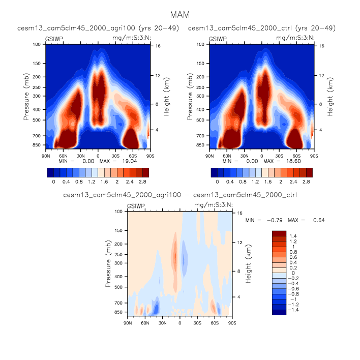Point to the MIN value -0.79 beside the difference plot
point(282,220)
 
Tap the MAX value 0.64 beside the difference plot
point(318,220)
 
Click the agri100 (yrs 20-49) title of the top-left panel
point(98,27)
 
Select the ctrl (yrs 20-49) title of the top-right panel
point(262,27)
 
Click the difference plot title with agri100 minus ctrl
point(179,194)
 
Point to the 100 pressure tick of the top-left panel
point(37,45)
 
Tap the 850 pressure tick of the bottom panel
point(118,312)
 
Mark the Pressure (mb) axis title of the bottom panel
point(108,264)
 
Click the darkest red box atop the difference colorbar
point(279,233)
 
